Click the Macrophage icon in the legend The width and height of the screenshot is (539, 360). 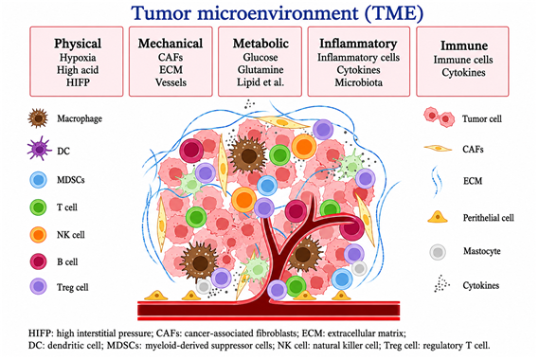pyautogui.click(x=38, y=118)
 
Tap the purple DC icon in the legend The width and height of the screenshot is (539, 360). pyautogui.click(x=39, y=149)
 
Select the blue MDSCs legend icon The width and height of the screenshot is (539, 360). pyautogui.click(x=38, y=180)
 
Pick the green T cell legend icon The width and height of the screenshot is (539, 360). pyautogui.click(x=38, y=207)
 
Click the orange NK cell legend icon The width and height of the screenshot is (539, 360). pyautogui.click(x=38, y=235)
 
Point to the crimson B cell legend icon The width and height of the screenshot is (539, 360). pyautogui.click(x=38, y=261)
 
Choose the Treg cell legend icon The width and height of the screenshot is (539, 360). pyautogui.click(x=38, y=286)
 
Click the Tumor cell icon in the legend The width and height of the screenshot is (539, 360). pyautogui.click(x=439, y=117)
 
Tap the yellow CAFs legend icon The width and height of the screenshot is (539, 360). pyautogui.click(x=438, y=148)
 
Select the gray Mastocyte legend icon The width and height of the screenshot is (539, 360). pyautogui.click(x=438, y=252)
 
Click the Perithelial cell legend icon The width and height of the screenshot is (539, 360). pyautogui.click(x=438, y=217)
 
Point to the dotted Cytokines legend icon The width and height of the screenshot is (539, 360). pyautogui.click(x=441, y=283)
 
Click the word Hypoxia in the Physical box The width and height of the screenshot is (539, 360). pyautogui.click(x=78, y=58)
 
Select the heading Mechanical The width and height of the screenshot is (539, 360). pyautogui.click(x=171, y=44)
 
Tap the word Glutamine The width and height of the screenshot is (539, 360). pyautogui.click(x=261, y=70)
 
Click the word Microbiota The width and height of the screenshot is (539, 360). pyautogui.click(x=358, y=82)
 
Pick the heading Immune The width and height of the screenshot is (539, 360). pyautogui.click(x=464, y=45)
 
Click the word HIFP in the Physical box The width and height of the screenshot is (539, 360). pyautogui.click(x=78, y=82)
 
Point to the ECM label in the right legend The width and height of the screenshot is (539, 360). pyautogui.click(x=473, y=181)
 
